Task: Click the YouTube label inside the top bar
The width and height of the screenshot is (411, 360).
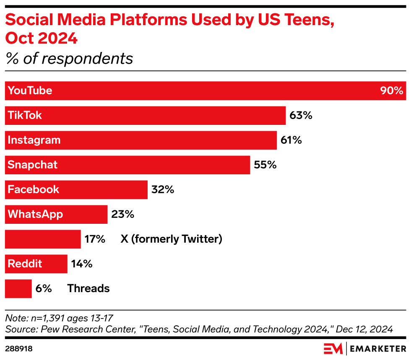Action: click(30, 91)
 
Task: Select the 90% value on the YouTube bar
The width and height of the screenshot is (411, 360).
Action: click(391, 91)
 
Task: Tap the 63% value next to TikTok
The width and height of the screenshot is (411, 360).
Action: click(301, 115)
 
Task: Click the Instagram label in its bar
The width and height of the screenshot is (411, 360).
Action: click(34, 140)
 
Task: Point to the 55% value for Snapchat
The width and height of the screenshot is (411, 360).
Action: click(265, 165)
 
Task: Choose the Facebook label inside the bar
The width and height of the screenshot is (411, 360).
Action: click(34, 189)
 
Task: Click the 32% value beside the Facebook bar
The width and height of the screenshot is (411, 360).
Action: click(163, 189)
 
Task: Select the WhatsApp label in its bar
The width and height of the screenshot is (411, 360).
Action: click(35, 214)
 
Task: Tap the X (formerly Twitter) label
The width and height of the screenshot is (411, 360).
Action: click(171, 239)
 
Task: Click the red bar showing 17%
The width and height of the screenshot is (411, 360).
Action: click(42, 239)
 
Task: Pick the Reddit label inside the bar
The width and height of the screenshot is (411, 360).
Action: click(25, 264)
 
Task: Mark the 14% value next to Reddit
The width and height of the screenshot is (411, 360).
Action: click(81, 264)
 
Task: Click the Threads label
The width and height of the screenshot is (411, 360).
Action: click(88, 288)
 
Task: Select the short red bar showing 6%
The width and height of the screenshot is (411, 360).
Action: click(18, 288)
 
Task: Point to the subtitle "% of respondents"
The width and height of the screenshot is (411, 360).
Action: click(69, 59)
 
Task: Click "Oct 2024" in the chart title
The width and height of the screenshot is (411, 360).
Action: click(42, 39)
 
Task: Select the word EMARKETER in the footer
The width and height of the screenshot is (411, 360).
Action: click(378, 348)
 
